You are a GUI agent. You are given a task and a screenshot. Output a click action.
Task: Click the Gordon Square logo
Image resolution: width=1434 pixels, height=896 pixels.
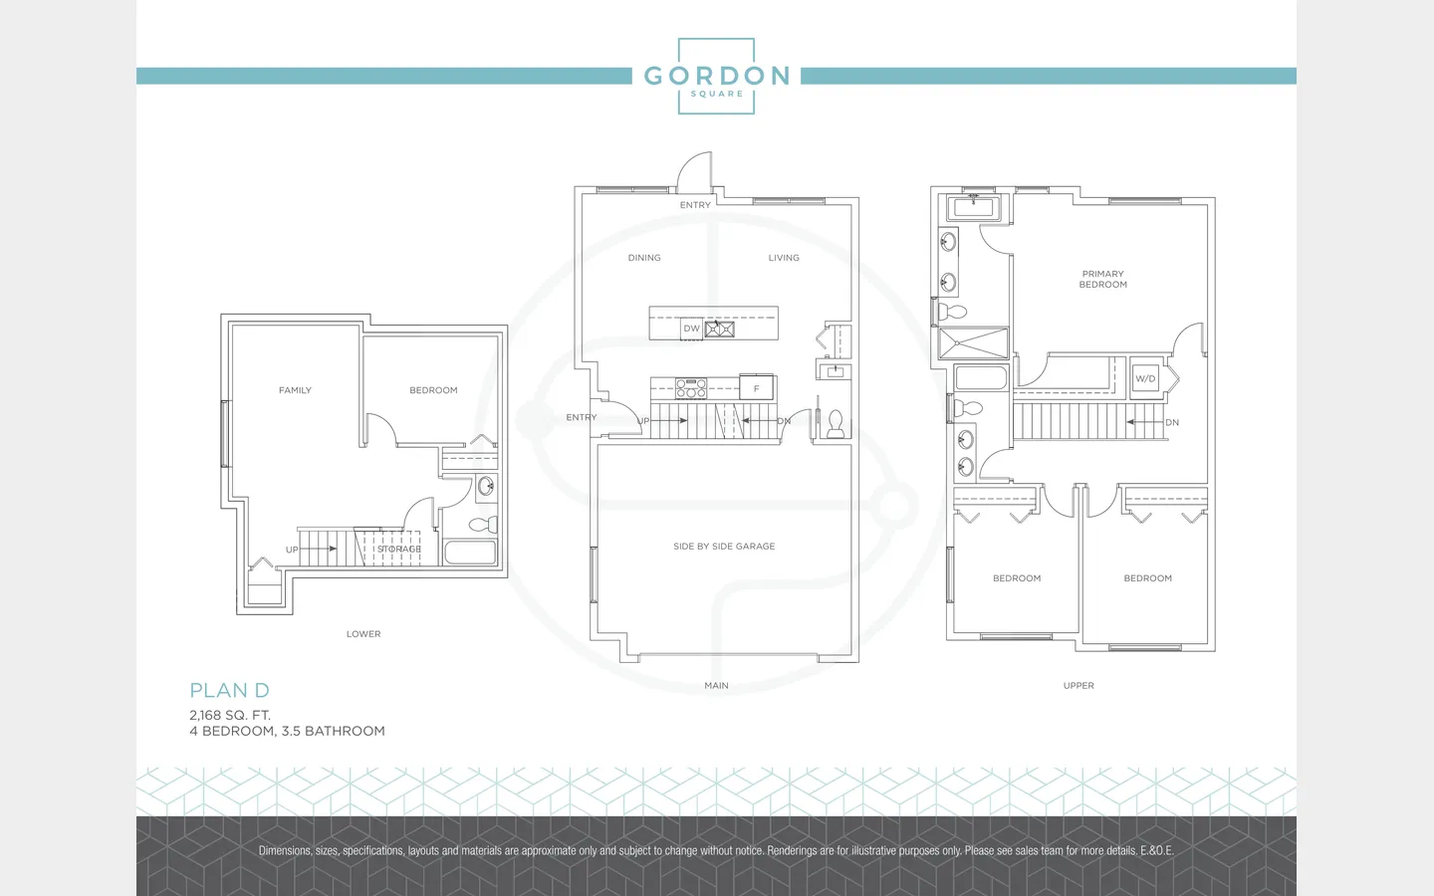716,76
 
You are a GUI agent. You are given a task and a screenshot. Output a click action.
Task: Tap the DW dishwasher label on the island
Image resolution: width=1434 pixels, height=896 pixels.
691,329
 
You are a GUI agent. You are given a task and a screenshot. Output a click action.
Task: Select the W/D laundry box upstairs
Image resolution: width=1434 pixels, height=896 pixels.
1145,378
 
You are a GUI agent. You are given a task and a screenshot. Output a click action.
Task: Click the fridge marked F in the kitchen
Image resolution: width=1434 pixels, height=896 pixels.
756,388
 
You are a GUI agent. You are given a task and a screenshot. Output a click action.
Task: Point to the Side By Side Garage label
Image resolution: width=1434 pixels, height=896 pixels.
724,546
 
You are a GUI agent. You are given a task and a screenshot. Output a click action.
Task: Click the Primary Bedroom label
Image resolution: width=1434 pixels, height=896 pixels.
1103,279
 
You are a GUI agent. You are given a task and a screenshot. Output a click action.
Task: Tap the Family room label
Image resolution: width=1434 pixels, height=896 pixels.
295,390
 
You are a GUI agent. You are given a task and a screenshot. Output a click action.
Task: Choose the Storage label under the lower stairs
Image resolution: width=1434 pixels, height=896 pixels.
398,550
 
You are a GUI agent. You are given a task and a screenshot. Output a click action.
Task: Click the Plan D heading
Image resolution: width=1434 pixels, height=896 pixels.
230,690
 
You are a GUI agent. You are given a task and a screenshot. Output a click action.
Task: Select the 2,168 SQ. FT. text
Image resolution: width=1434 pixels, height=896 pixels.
230,715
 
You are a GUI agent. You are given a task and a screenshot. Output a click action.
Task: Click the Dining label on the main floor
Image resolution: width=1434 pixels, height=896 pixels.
644,257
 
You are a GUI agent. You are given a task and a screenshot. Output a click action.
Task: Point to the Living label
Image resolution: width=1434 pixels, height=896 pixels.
784,257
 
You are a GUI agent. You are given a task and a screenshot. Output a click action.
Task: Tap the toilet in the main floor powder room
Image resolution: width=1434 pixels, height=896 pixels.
836,424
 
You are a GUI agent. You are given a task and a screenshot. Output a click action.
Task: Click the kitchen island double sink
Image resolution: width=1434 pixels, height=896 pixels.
720,329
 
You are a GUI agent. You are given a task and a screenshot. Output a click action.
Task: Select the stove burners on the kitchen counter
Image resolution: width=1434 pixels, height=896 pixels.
691,387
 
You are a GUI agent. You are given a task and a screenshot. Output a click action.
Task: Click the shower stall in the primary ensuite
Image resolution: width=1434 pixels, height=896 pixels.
973,343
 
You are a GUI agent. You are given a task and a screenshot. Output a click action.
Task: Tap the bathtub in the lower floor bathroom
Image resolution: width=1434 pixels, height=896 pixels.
470,553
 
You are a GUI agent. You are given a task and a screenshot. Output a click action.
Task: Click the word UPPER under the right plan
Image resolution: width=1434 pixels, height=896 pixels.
1078,685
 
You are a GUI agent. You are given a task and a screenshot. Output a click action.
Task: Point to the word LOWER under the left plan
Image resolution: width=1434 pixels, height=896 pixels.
363,633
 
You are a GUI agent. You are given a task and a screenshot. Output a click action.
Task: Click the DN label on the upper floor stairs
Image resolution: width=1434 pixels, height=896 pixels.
1172,422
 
